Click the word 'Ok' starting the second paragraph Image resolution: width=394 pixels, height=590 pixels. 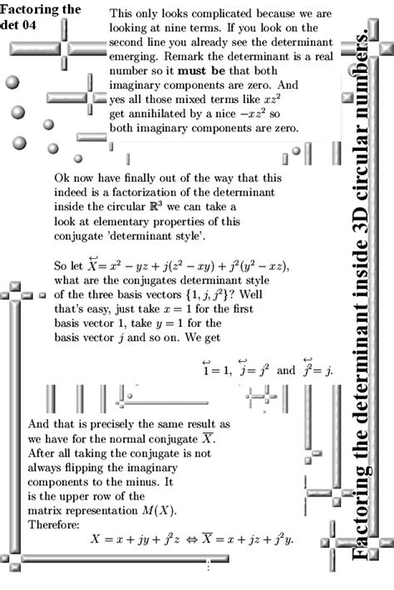point(62,178)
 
